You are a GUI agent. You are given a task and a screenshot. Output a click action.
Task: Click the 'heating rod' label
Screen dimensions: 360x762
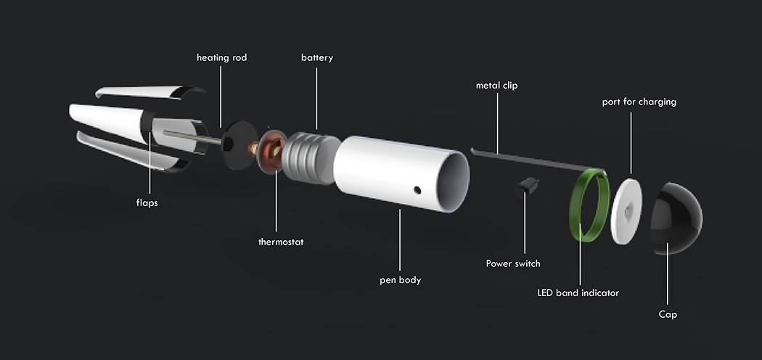coord(221,57)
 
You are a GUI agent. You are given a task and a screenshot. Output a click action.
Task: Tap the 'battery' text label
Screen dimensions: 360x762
coord(317,57)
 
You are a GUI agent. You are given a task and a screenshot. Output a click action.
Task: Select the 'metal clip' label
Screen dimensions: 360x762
coord(496,86)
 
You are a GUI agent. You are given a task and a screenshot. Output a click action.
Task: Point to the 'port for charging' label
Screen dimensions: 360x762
coord(639,102)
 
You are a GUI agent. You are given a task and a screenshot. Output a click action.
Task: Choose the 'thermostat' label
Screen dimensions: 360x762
coord(280,242)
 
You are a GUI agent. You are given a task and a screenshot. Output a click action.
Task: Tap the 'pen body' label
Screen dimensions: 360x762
coord(400,279)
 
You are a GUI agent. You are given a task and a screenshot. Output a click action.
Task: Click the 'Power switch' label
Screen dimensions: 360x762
coord(512,263)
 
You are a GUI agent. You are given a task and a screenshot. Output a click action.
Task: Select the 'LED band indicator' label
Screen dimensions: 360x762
coord(578,293)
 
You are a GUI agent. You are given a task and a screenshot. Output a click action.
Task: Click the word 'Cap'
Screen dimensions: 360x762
coord(668,314)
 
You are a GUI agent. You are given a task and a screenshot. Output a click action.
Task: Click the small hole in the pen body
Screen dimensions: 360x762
coord(417,190)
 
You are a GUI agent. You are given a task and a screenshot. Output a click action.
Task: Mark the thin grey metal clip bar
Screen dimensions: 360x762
coord(530,159)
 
